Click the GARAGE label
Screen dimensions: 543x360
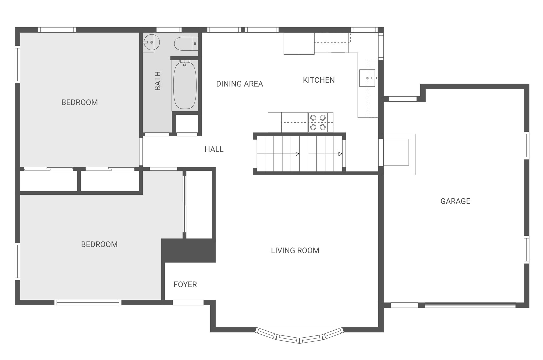455,201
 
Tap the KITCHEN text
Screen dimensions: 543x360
319,80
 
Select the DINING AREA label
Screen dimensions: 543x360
240,84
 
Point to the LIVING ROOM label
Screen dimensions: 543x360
295,250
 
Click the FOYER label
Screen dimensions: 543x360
185,284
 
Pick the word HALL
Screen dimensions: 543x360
214,149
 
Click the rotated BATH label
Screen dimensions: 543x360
158,81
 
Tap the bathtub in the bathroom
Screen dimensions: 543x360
185,85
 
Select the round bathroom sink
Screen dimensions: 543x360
151,42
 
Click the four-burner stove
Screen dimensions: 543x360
318,122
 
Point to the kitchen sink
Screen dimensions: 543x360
367,78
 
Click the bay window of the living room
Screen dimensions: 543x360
299,336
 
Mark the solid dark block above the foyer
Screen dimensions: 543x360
188,250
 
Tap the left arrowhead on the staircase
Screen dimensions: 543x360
297,154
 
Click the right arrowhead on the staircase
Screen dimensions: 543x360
340,154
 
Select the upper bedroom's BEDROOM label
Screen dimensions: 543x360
80,103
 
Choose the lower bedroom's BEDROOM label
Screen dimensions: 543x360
99,244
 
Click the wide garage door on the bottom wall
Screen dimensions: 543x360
470,305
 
